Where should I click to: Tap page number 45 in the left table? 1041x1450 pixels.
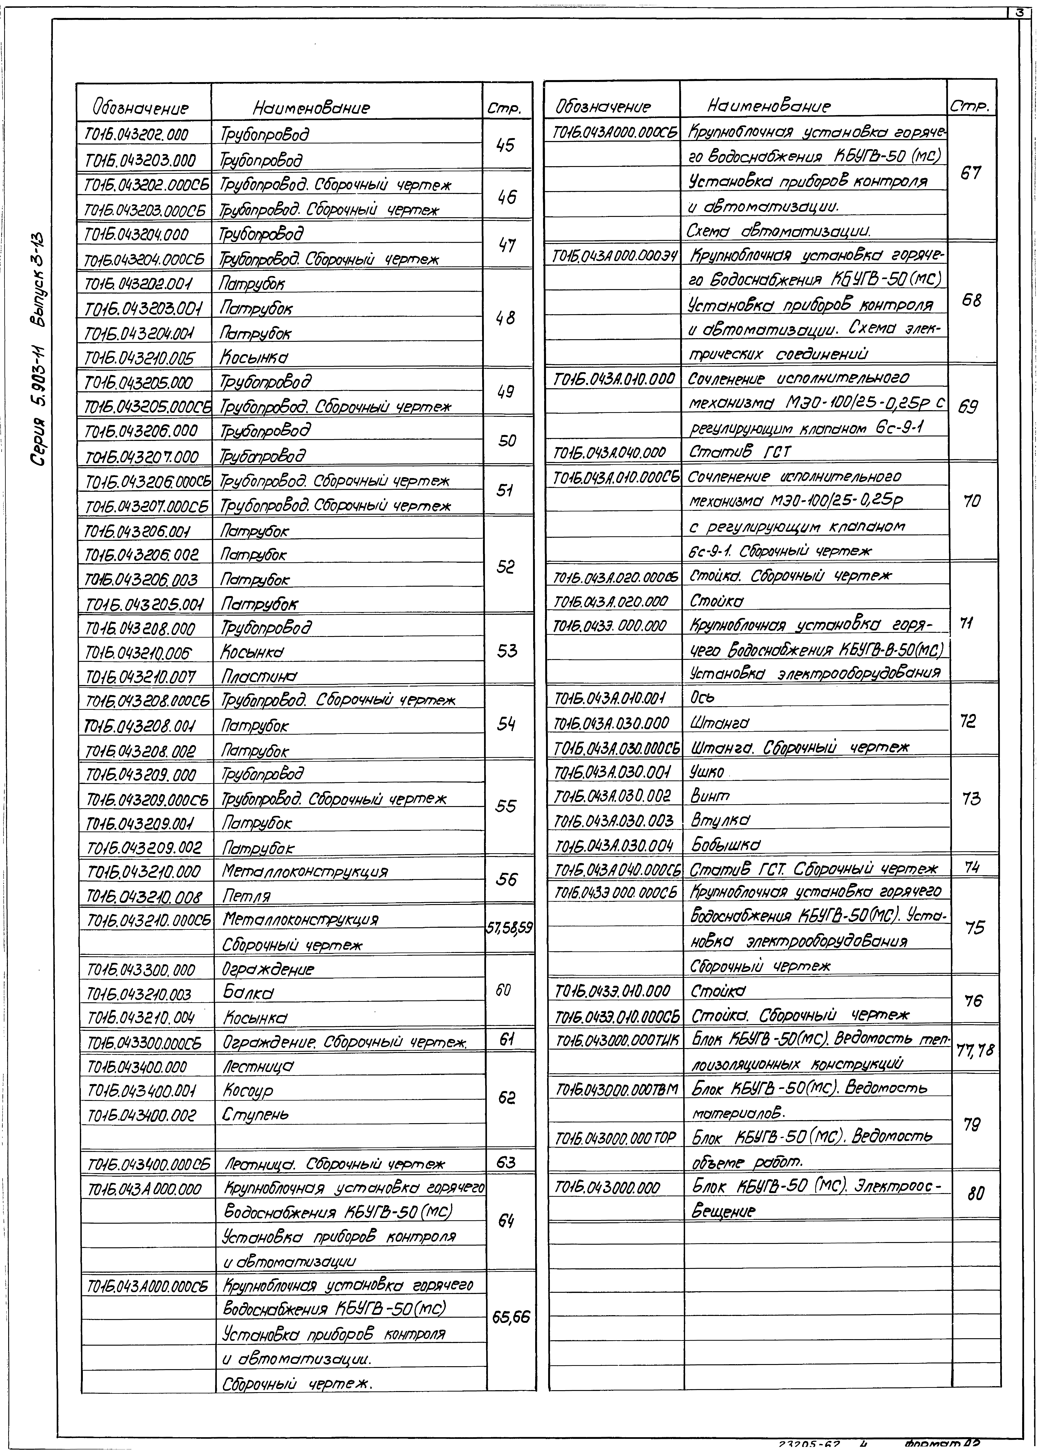pos(506,146)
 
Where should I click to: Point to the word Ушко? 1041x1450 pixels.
pos(707,772)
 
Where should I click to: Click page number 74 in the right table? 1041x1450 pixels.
pos(972,868)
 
